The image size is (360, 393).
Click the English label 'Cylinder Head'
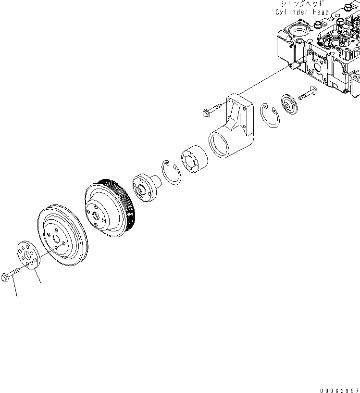coord(302,12)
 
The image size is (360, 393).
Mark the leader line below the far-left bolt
coord(15,289)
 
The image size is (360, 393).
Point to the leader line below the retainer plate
coord(37,276)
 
